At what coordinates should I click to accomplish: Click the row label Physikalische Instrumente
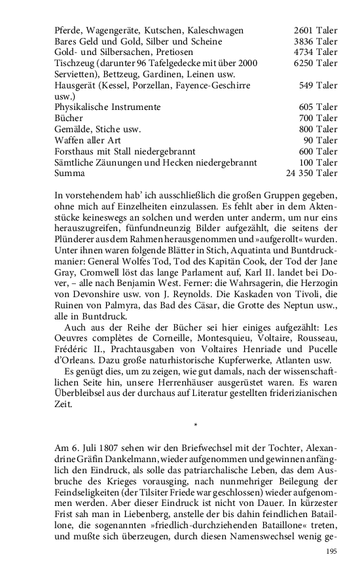coord(108,107)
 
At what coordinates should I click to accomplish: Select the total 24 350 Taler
coord(312,173)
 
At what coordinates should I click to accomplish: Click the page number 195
coord(331,552)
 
